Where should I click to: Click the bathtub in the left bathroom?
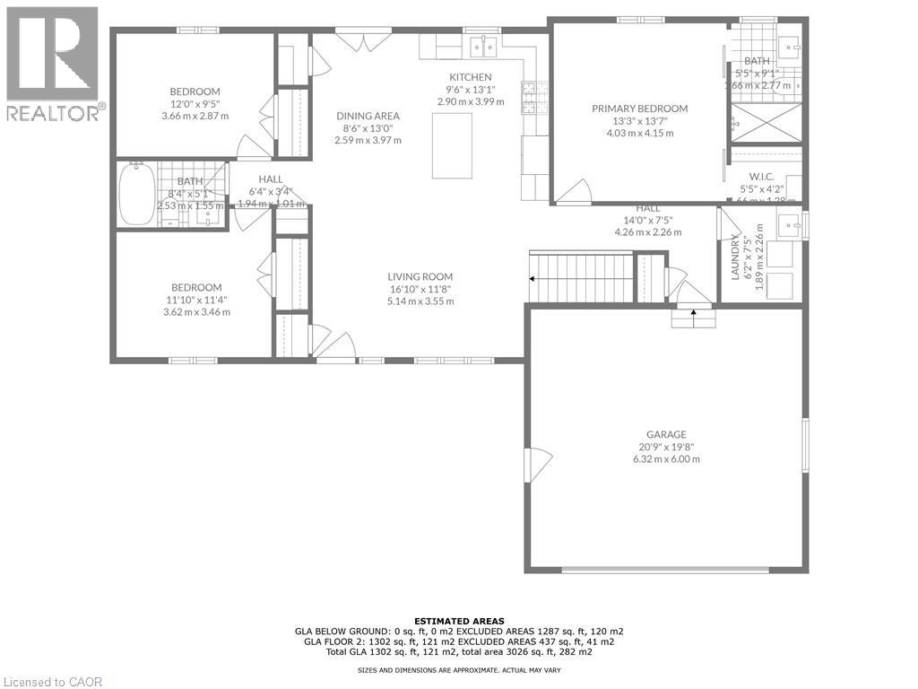click(137, 194)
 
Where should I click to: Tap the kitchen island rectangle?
click(452, 146)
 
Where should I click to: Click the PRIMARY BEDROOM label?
click(639, 109)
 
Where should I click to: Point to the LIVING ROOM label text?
click(420, 276)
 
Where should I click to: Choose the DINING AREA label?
click(368, 116)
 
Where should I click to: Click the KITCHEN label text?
click(471, 77)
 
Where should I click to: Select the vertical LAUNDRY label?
click(735, 257)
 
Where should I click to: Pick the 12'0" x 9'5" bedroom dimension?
click(195, 104)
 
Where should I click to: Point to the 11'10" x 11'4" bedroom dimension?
click(196, 300)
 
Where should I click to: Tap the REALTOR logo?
click(53, 64)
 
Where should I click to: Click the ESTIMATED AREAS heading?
click(459, 621)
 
